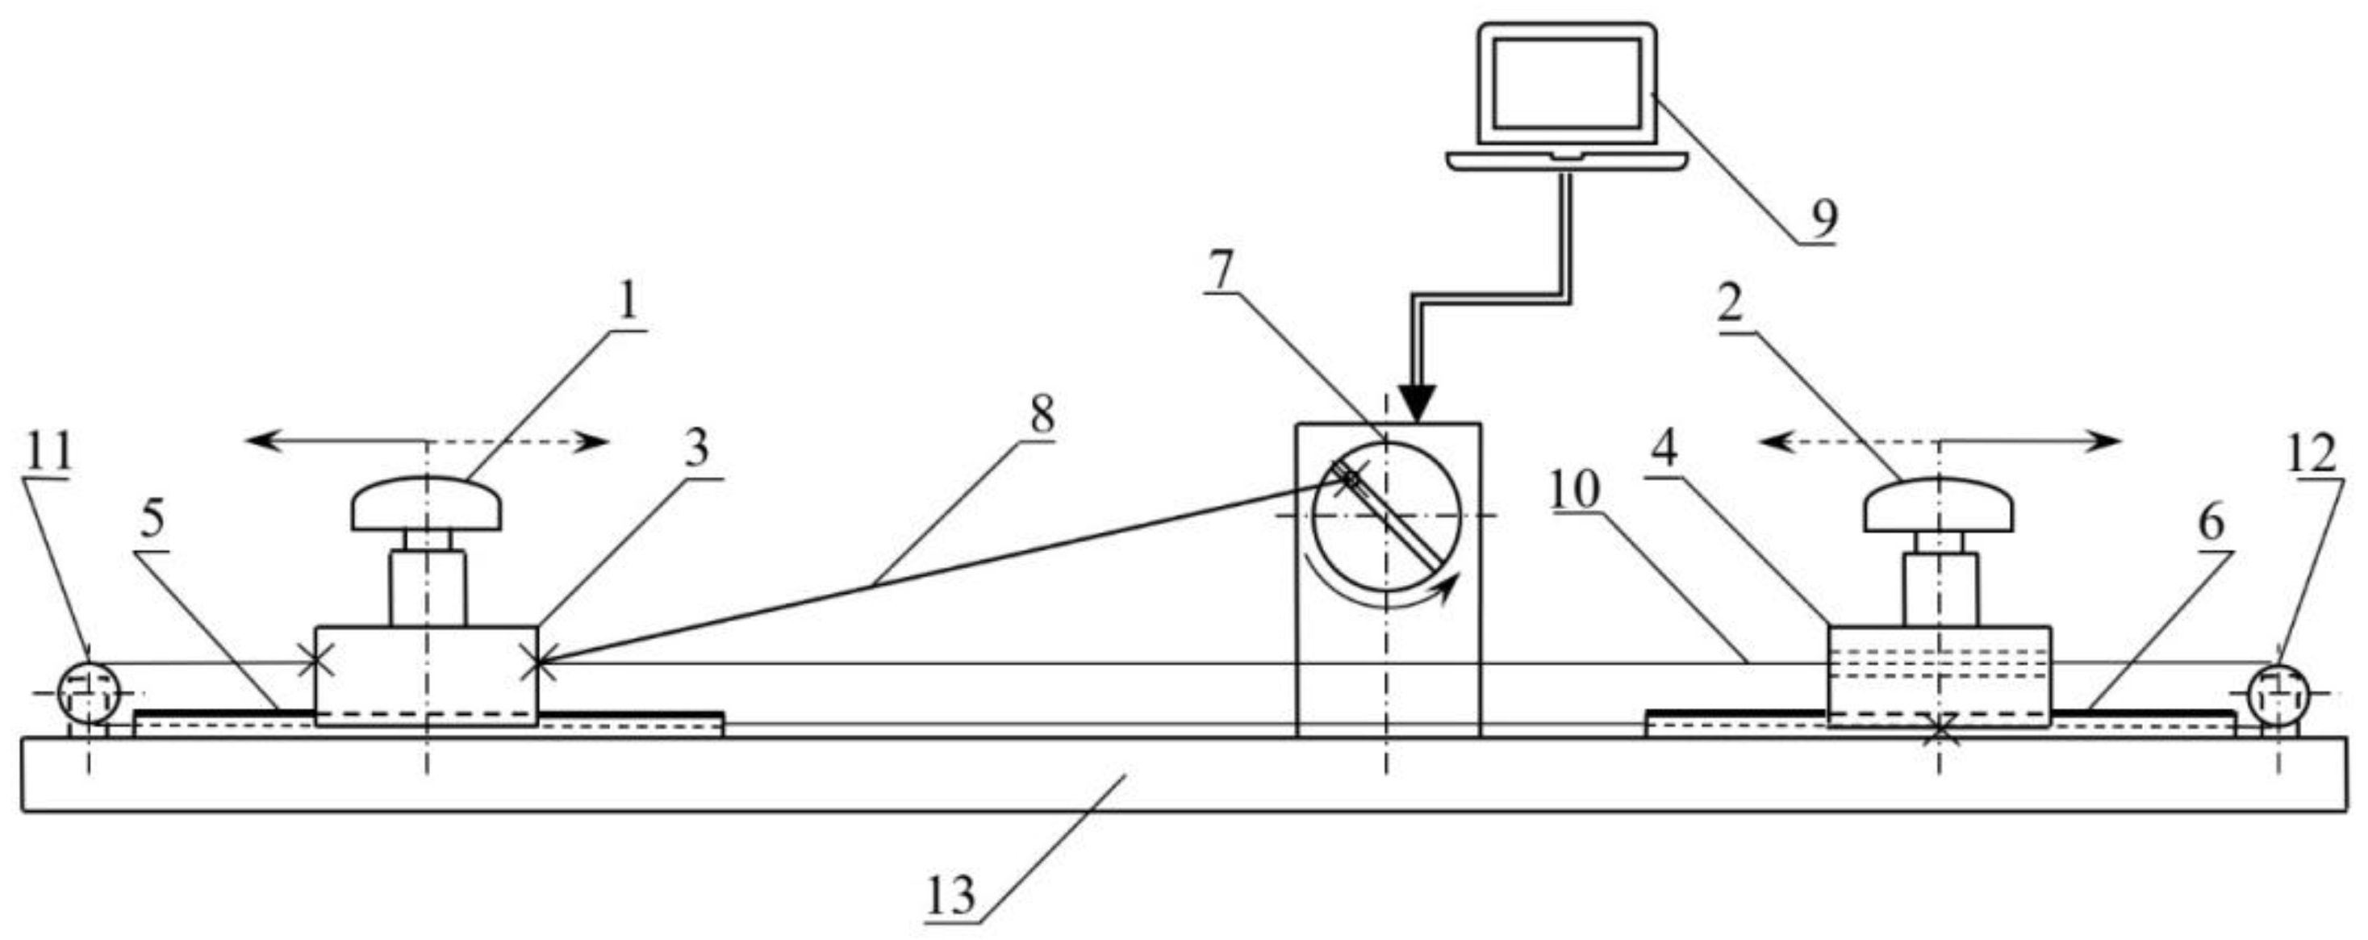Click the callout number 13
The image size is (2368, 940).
(x=950, y=894)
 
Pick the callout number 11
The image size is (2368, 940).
(x=48, y=452)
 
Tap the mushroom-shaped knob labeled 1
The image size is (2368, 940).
(x=427, y=503)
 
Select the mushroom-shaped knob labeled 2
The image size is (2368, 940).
(x=1939, y=504)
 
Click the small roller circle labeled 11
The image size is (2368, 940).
(x=88, y=693)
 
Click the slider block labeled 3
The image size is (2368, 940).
(x=427, y=675)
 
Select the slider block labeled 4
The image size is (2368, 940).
(x=1939, y=675)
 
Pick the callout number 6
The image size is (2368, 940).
(x=2211, y=523)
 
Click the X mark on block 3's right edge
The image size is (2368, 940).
(x=537, y=662)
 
